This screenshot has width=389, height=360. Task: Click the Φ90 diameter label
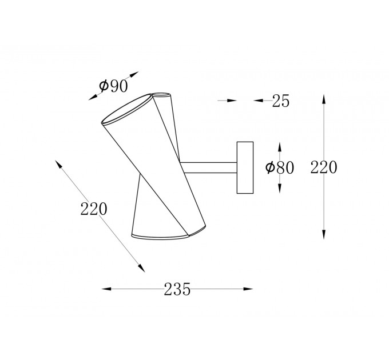(113, 86)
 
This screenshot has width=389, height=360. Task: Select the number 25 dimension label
(281, 101)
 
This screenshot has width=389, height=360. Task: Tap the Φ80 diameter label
(280, 168)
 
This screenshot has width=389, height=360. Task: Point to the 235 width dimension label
(177, 289)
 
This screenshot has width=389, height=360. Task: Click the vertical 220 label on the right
(324, 167)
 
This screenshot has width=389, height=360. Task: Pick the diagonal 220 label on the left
(94, 209)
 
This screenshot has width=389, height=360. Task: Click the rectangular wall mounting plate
(245, 167)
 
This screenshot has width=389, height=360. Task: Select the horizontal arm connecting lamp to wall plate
(208, 168)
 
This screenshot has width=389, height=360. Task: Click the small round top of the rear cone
(161, 95)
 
